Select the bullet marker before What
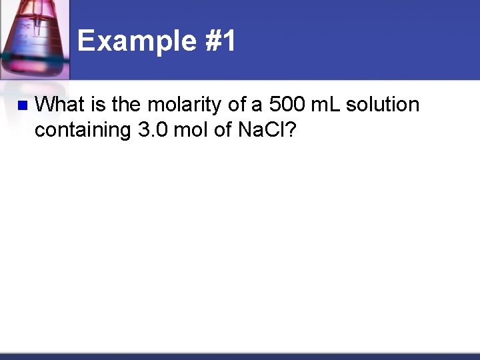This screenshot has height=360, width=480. (x=20, y=105)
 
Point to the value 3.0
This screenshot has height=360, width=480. (x=153, y=130)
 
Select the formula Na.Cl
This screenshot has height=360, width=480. (x=261, y=130)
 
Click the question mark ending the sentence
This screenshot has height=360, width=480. (x=291, y=130)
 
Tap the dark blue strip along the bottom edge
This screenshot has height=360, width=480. (x=240, y=356)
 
